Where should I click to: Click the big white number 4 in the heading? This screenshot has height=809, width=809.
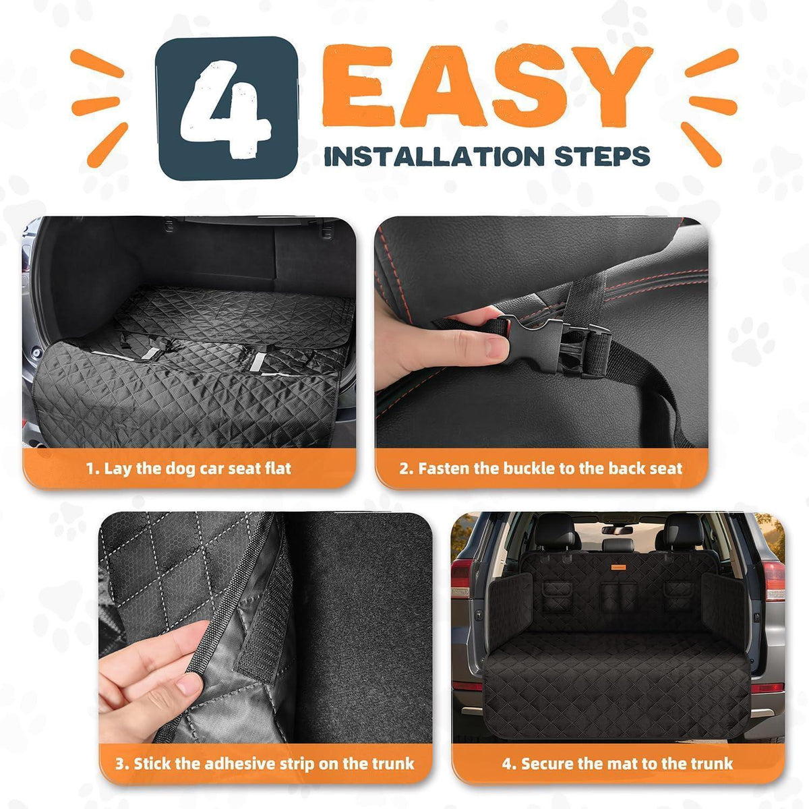tap(224, 110)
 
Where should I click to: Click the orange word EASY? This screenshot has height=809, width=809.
tap(487, 86)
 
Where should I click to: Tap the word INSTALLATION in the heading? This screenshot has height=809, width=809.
tap(435, 156)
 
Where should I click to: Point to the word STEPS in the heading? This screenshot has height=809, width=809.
tap(603, 156)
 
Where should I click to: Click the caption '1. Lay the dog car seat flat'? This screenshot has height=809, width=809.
tap(189, 469)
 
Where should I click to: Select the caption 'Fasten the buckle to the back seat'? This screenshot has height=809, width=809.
tap(550, 469)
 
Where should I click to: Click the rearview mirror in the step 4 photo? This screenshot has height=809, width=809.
tap(617, 530)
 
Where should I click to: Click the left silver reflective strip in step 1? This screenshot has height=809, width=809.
tap(150, 353)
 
